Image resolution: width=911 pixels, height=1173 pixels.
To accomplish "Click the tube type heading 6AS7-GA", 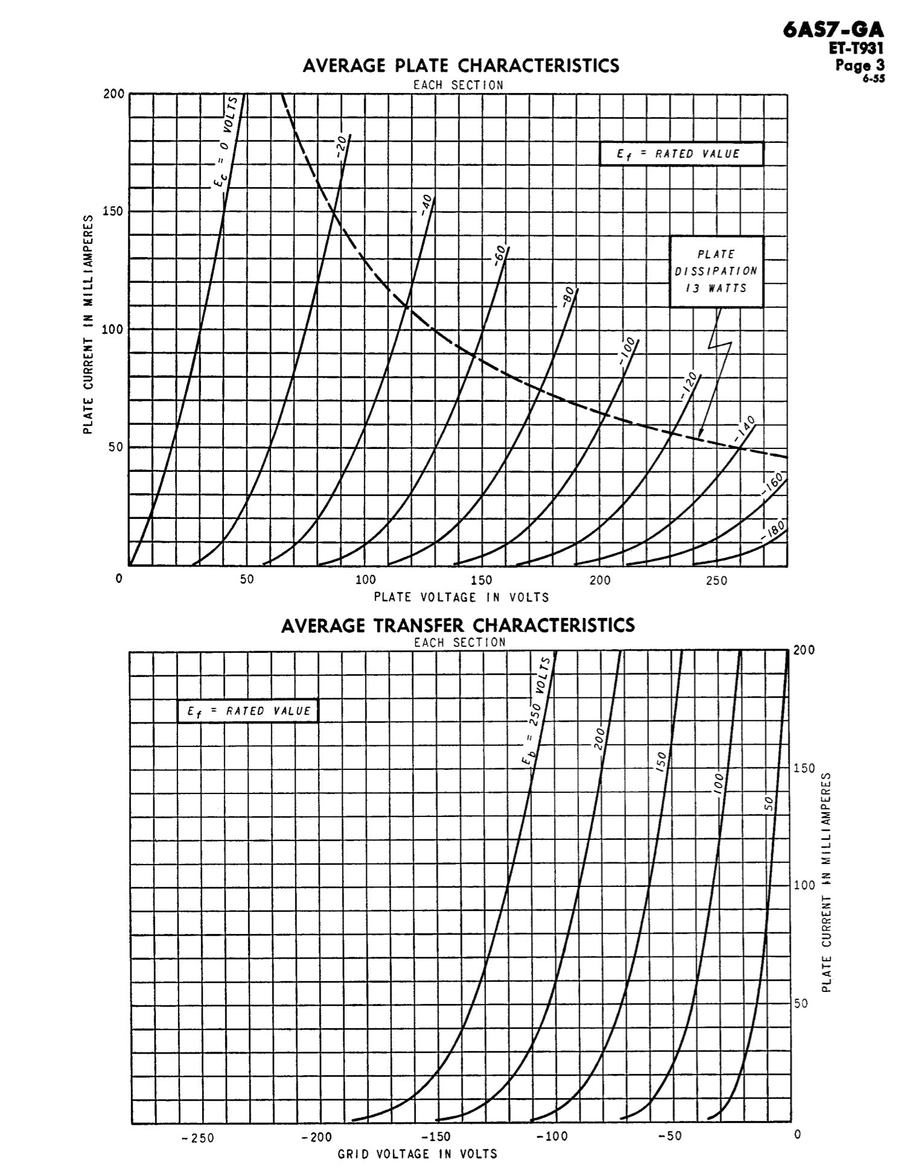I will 833,30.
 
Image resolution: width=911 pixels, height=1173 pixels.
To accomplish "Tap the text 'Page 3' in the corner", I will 860,64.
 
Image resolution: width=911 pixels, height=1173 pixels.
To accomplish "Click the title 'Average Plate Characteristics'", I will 461,65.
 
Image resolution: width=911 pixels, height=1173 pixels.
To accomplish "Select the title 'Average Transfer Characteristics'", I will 458,625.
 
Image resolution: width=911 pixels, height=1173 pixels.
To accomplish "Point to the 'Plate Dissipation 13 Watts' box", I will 716,272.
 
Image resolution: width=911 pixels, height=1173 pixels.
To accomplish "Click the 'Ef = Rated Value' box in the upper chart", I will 681,154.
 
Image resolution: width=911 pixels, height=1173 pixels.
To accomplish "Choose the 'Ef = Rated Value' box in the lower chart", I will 248,711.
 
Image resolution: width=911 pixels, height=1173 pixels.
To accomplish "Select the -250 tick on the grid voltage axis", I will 198,1138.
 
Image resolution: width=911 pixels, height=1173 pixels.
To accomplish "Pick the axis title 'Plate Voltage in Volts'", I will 461,597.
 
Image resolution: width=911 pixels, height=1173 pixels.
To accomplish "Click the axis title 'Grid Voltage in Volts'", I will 417,1154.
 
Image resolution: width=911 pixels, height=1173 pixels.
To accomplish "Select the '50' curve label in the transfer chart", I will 769,803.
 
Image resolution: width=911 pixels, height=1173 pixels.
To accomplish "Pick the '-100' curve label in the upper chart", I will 627,352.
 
